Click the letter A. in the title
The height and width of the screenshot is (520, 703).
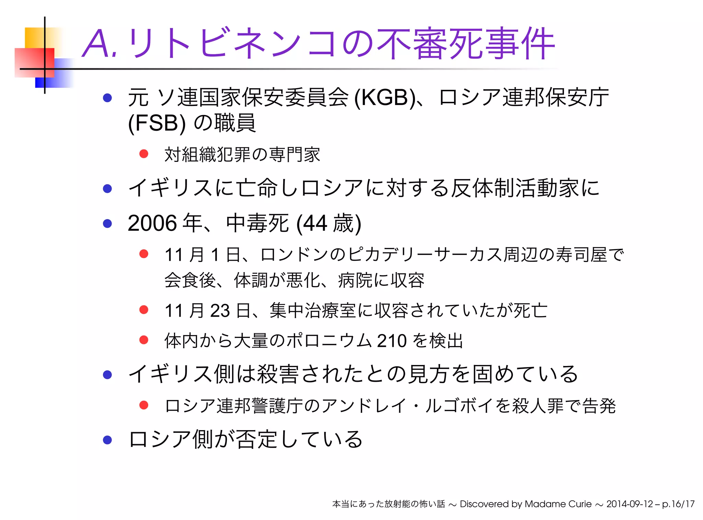coord(100,44)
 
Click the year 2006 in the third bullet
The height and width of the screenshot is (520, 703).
coord(152,223)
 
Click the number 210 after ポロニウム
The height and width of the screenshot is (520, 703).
coord(391,341)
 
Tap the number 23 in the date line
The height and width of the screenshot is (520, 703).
coord(220,311)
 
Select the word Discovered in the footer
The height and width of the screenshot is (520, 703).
coord(484,504)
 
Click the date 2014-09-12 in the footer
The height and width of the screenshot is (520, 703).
coord(630,504)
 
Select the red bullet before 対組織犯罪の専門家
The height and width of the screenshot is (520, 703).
coord(144,154)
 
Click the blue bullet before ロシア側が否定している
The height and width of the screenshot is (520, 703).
coord(107,440)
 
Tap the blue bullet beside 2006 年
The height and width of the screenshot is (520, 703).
coord(107,224)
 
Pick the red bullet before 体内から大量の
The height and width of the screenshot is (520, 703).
coord(144,340)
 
